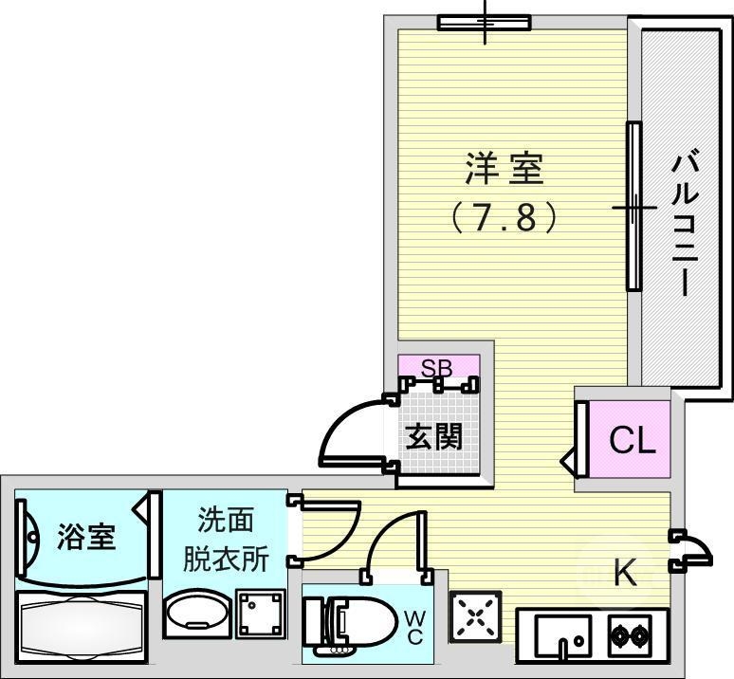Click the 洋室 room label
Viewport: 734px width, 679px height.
(x=504, y=171)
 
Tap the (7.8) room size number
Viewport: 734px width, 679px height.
(x=504, y=219)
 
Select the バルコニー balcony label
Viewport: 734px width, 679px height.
(x=685, y=224)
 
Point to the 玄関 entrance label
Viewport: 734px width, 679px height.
(x=435, y=437)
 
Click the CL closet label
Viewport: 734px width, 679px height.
(x=632, y=440)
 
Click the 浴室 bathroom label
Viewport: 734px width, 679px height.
(x=86, y=537)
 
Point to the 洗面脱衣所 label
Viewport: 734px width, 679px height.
(x=226, y=540)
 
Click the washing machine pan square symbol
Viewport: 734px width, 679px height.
(x=260, y=614)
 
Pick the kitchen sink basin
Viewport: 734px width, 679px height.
(x=562, y=633)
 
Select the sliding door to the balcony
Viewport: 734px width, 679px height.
(x=633, y=207)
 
